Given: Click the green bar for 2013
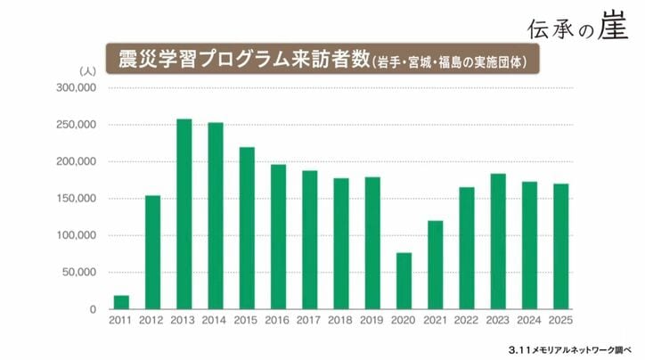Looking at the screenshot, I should click(184, 214).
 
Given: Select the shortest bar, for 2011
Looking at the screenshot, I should click(121, 302).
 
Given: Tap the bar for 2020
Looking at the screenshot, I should click(404, 281).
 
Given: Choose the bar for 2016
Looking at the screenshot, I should click(278, 236).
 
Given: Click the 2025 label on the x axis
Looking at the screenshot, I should click(560, 319).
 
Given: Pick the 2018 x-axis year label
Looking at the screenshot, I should click(341, 319).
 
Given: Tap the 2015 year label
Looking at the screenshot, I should click(247, 319).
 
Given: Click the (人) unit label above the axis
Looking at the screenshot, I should click(87, 70).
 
